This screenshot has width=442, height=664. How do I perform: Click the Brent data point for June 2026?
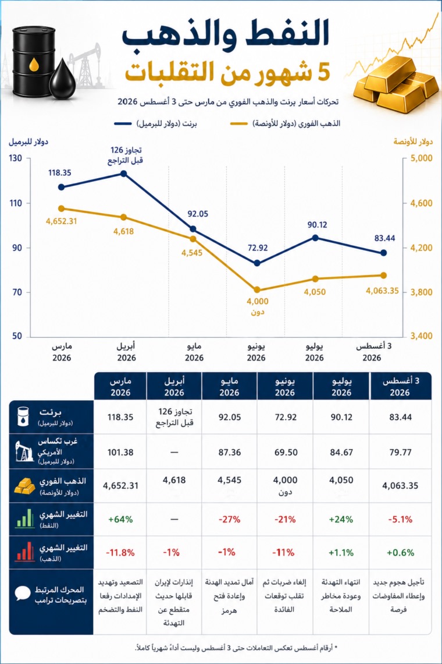click(x=257, y=263)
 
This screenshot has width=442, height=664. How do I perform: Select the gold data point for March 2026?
click(x=61, y=209)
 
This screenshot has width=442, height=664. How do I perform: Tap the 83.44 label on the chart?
click(x=384, y=238)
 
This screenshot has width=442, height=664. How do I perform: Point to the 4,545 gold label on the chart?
click(x=192, y=253)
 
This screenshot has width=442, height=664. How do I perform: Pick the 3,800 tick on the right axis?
click(x=421, y=292)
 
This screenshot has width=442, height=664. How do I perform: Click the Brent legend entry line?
click(x=123, y=123)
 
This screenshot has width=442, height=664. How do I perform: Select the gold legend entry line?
click(x=238, y=123)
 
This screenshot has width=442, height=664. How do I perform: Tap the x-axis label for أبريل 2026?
click(x=126, y=352)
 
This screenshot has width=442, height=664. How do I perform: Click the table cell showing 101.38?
click(x=120, y=452)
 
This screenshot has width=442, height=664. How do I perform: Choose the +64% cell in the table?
click(x=120, y=519)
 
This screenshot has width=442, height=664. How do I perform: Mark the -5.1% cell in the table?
click(x=400, y=519)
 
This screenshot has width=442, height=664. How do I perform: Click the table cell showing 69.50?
click(x=286, y=452)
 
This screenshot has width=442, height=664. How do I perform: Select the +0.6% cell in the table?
click(x=400, y=553)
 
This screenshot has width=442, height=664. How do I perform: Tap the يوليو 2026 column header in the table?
click(x=341, y=386)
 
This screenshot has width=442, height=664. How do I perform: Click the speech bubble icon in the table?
click(x=23, y=594)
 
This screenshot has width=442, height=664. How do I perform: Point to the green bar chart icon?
click(x=24, y=518)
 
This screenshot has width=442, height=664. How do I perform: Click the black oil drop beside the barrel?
click(x=62, y=79)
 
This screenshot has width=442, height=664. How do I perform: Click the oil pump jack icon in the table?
click(x=24, y=451)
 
